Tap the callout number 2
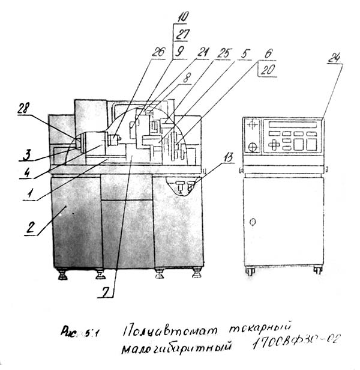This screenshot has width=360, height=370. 28,228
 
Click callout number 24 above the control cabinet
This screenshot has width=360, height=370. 335,58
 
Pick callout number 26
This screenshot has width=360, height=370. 158,53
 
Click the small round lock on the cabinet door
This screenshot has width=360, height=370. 253,222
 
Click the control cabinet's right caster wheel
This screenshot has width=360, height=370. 318,270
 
